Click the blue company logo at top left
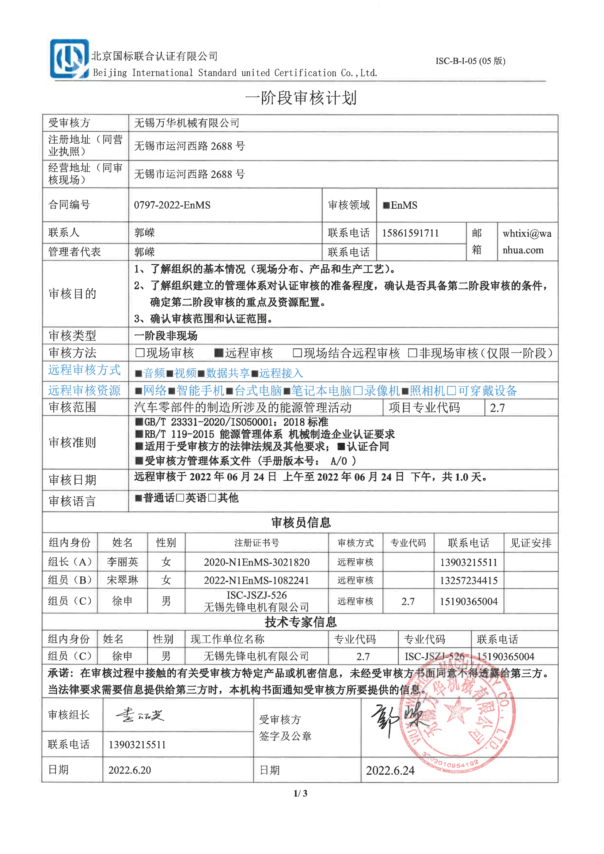[69, 59]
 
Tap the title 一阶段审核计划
[301, 98]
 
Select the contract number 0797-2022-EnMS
[172, 205]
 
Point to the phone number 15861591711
[410, 233]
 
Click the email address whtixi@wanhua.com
[527, 242]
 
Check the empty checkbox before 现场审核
[140, 353]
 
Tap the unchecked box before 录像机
[358, 391]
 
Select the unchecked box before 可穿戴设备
[451, 391]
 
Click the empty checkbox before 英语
[180, 498]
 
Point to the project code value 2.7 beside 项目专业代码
[497, 408]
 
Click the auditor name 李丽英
[122, 562]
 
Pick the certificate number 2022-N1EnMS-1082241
[256, 581]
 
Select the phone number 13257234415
[468, 581]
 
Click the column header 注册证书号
[256, 543]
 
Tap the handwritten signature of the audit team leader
[140, 715]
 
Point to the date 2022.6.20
[129, 770]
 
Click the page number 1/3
[300, 793]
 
